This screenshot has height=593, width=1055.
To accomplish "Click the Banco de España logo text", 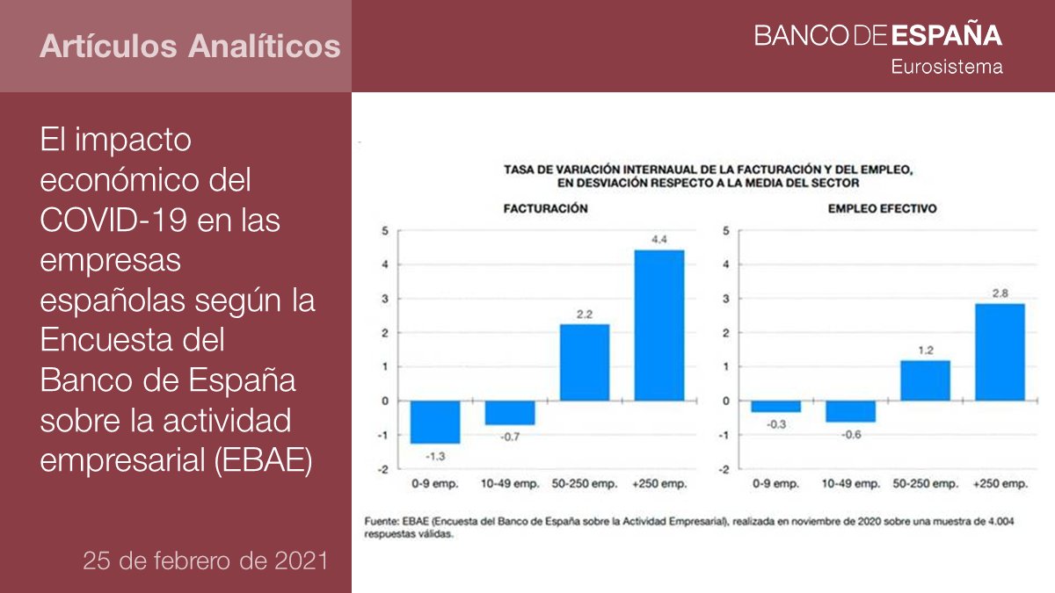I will pyautogui.click(x=877, y=35).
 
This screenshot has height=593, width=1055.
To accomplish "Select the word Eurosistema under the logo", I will pyautogui.click(x=947, y=67).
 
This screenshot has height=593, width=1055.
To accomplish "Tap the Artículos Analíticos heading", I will pyautogui.click(x=189, y=46).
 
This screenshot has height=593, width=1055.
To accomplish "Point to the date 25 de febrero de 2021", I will pyautogui.click(x=205, y=560).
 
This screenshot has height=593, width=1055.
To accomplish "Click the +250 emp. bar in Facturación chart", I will pyautogui.click(x=658, y=325).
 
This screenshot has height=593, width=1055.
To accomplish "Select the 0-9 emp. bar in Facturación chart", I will pyautogui.click(x=435, y=422).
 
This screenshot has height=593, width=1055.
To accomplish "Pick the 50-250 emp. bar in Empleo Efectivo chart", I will pyautogui.click(x=924, y=380).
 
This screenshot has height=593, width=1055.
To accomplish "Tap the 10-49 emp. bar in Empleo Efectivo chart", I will pyautogui.click(x=850, y=411).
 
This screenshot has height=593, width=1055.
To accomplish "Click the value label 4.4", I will pyautogui.click(x=658, y=239).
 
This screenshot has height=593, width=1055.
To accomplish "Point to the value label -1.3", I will pyautogui.click(x=435, y=455).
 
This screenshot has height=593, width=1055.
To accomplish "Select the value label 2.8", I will pyautogui.click(x=999, y=293).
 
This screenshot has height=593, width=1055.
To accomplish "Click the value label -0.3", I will pyautogui.click(x=775, y=423).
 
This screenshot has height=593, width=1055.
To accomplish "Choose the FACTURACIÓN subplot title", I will pyautogui.click(x=545, y=209).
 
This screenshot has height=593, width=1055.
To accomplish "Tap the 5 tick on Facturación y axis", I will pyautogui.click(x=384, y=231).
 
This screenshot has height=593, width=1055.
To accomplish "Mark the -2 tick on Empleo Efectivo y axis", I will pyautogui.click(x=725, y=469).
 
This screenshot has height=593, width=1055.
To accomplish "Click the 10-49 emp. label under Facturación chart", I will pyautogui.click(x=510, y=484).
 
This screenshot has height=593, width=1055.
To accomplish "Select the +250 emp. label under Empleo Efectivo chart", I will pyautogui.click(x=1000, y=484).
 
